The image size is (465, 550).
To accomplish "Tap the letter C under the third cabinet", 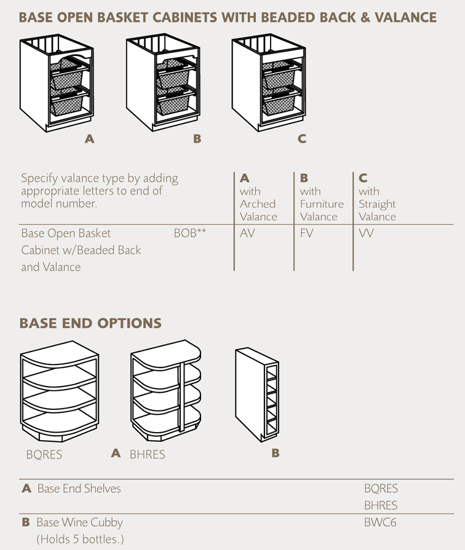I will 301,139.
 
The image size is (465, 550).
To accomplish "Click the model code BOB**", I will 189,234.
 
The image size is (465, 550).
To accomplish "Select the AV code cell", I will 247,234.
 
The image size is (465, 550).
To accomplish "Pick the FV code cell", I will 307,234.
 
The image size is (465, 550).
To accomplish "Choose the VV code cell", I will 366,234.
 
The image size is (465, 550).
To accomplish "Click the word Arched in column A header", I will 258,204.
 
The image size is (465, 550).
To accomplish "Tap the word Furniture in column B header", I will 322,204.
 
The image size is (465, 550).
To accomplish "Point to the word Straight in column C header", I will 377,204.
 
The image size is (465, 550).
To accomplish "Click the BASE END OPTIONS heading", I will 90,323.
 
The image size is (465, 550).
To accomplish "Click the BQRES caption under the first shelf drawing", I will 44,455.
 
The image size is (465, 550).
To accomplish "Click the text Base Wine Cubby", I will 79,523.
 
